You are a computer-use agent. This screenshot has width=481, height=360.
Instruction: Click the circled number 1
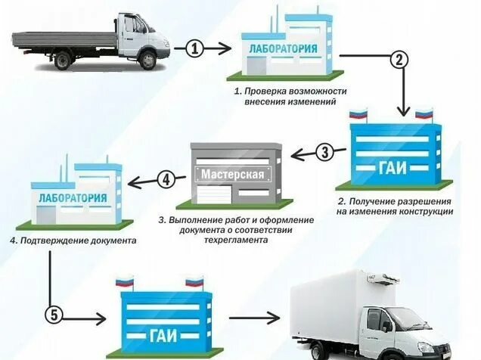point(195,48)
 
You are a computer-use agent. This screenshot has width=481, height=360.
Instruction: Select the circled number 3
point(324,153)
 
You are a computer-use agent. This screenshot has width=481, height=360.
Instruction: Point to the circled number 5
point(52,313)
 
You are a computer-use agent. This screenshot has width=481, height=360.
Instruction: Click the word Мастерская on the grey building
point(233,175)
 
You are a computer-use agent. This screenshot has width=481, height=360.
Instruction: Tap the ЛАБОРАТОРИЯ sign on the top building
point(284,49)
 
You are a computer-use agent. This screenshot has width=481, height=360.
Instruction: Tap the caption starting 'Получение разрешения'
point(395,207)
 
